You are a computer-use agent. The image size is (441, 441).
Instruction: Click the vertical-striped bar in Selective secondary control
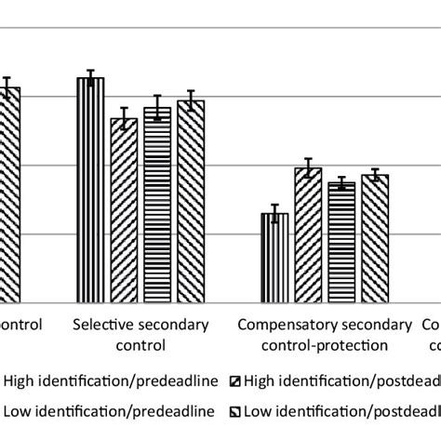pos(90,191)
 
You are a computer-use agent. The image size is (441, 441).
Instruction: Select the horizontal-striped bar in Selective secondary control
pos(157,205)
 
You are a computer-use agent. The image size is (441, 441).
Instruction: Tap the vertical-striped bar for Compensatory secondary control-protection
pos(274,258)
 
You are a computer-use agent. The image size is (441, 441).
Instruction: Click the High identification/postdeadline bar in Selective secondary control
pos(124,210)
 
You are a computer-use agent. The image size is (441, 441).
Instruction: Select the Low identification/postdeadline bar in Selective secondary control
pos(191,201)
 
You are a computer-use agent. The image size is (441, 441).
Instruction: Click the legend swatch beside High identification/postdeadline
pos(238,381)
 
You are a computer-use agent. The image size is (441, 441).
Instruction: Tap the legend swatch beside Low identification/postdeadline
pos(238,411)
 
